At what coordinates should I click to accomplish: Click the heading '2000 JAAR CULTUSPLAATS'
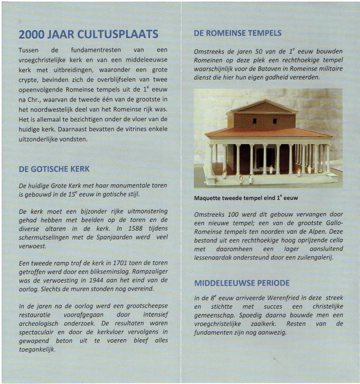(88, 35)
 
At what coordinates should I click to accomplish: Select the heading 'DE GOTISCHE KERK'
(54, 169)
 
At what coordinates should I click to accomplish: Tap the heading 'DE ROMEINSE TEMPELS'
(238, 33)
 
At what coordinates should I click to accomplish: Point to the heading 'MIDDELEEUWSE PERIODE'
(242, 283)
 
